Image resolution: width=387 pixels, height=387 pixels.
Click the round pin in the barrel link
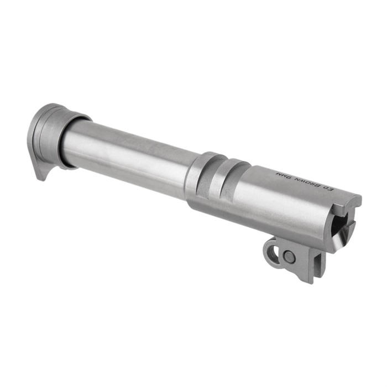289,257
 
